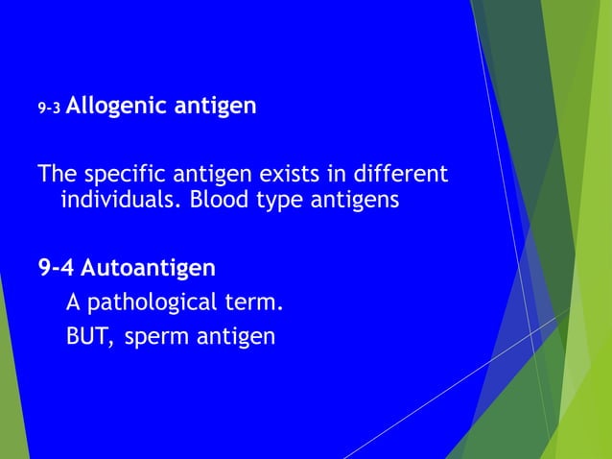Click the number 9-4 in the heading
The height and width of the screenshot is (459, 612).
click(x=57, y=266)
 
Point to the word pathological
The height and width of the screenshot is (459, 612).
click(x=157, y=303)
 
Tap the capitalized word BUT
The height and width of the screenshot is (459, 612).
click(x=86, y=338)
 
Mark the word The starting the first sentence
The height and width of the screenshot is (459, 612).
click(x=57, y=177)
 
